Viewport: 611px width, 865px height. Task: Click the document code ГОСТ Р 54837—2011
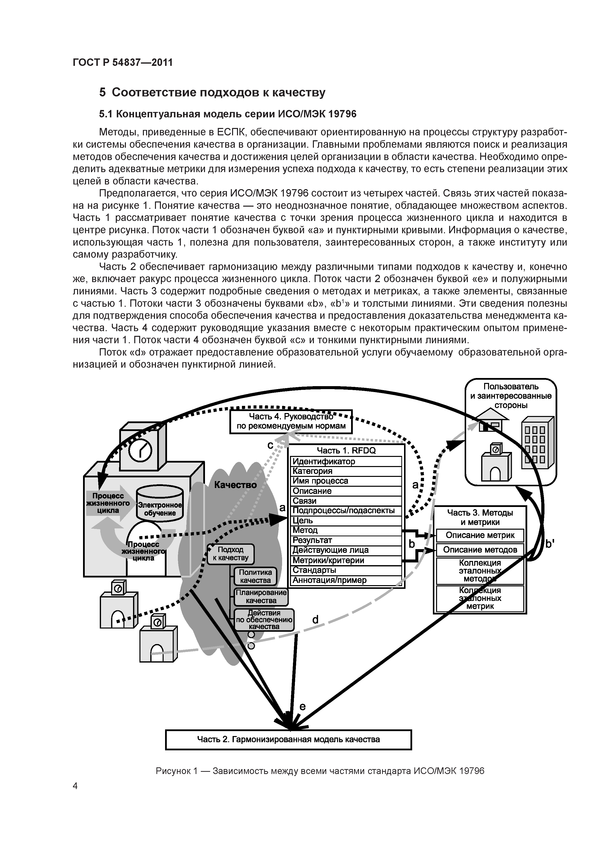[x=123, y=63]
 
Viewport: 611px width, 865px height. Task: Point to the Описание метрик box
[x=480, y=535]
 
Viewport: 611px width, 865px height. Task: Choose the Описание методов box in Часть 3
[x=480, y=550]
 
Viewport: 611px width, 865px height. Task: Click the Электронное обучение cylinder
[x=160, y=504]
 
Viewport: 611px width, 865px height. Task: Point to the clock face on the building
[x=140, y=450]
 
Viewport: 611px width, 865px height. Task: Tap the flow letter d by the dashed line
[x=315, y=619]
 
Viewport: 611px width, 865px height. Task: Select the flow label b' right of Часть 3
[x=550, y=544]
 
